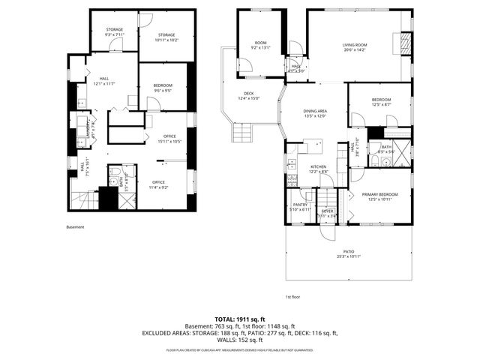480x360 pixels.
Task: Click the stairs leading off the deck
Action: (242, 133)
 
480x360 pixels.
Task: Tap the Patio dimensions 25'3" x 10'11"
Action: (349, 256)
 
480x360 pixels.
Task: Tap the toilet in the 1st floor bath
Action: (383, 162)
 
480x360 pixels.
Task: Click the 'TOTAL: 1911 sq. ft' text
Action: (240, 319)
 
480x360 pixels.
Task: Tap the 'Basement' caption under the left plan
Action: (76, 227)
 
